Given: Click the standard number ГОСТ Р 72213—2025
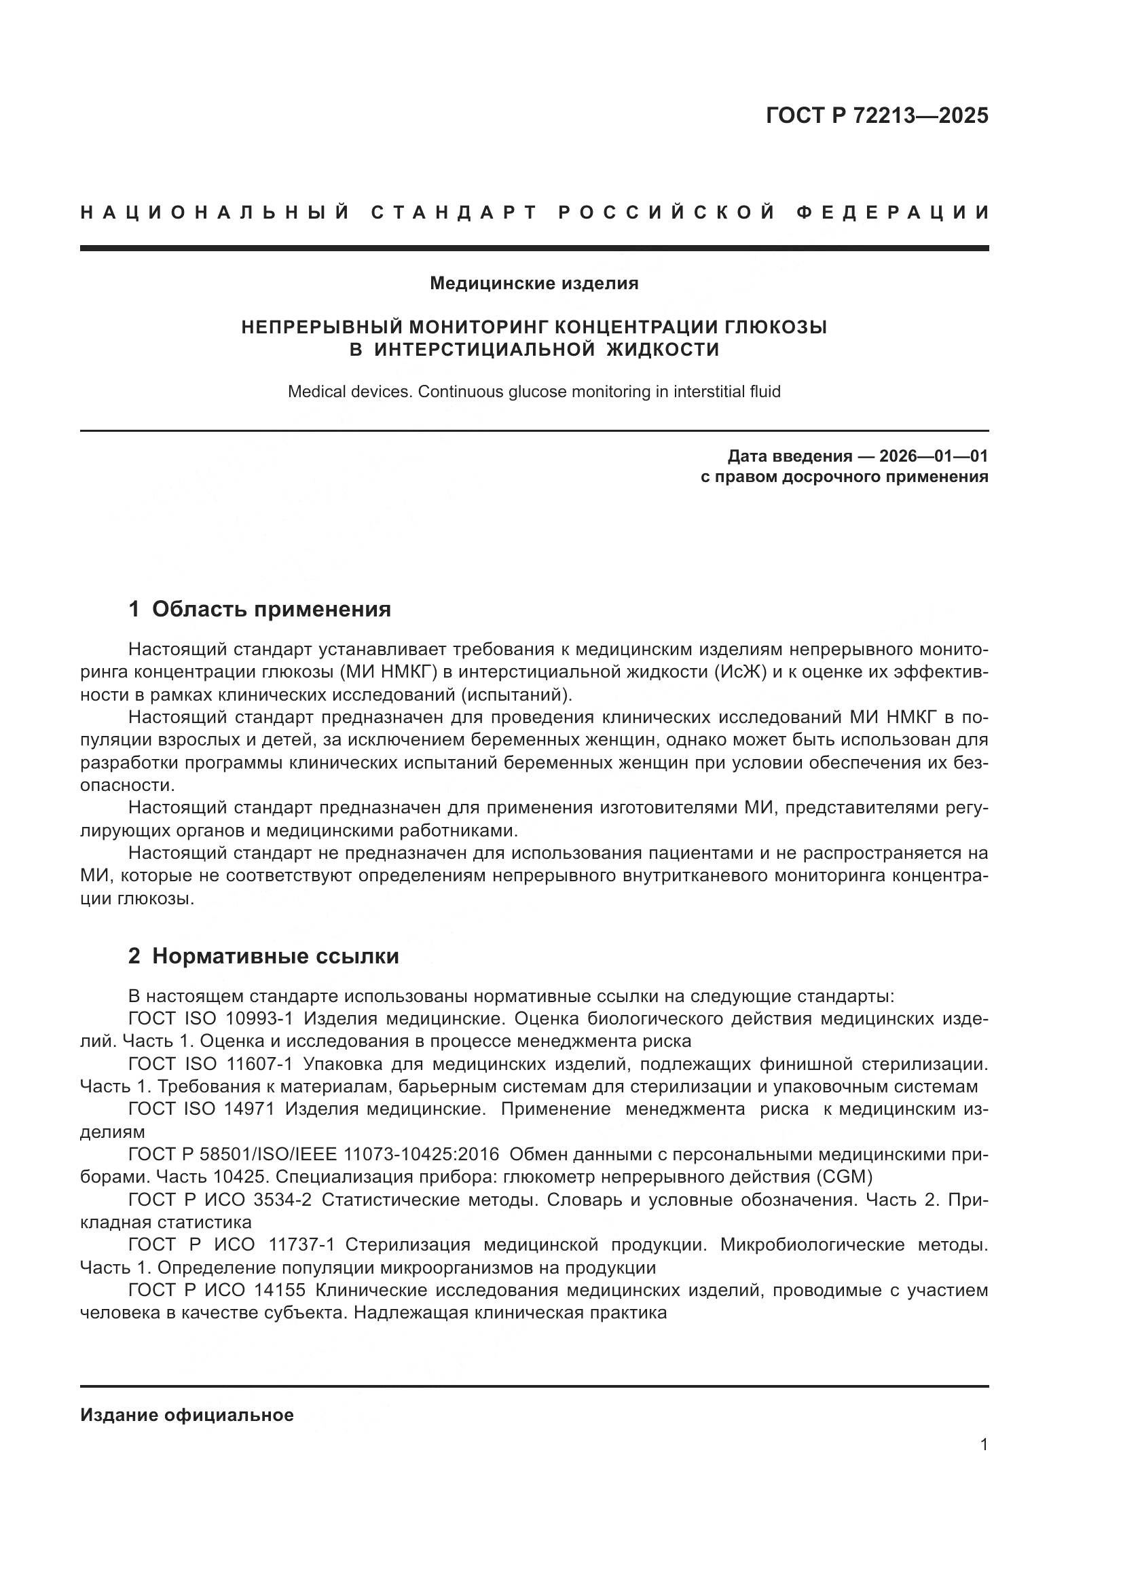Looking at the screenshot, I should coord(877,115).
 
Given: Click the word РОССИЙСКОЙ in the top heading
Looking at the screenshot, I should coord(667,213).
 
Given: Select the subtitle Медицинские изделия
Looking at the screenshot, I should coord(534,283).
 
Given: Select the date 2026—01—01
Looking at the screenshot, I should coord(934,456).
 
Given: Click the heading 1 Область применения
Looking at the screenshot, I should coord(259,608).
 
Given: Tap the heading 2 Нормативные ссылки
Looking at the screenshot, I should coord(263,956).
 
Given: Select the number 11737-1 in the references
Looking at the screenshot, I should coord(301,1244).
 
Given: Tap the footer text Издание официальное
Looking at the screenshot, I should coord(187,1415).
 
